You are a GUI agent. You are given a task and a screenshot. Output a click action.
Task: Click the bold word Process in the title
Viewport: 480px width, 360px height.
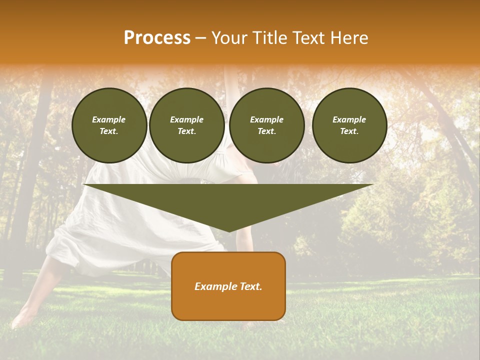157,38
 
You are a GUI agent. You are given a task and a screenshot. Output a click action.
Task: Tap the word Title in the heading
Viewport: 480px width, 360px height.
268,38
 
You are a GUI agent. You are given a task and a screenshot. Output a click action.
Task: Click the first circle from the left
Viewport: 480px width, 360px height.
109,125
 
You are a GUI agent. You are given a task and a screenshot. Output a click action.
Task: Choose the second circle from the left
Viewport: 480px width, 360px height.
186,125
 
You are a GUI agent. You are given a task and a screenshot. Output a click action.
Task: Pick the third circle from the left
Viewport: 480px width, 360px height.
266,125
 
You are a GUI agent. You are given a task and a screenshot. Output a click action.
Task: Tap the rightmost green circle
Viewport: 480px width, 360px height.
349,125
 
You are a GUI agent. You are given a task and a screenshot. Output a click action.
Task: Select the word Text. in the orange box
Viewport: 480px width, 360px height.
250,286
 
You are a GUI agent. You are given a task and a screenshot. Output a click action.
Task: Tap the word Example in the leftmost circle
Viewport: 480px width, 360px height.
109,119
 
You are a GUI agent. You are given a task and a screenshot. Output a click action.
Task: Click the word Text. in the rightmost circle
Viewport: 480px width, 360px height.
349,131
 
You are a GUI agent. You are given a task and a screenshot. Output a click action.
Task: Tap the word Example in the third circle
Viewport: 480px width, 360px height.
266,119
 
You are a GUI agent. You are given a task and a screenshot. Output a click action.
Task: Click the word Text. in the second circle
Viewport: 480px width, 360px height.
186,131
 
